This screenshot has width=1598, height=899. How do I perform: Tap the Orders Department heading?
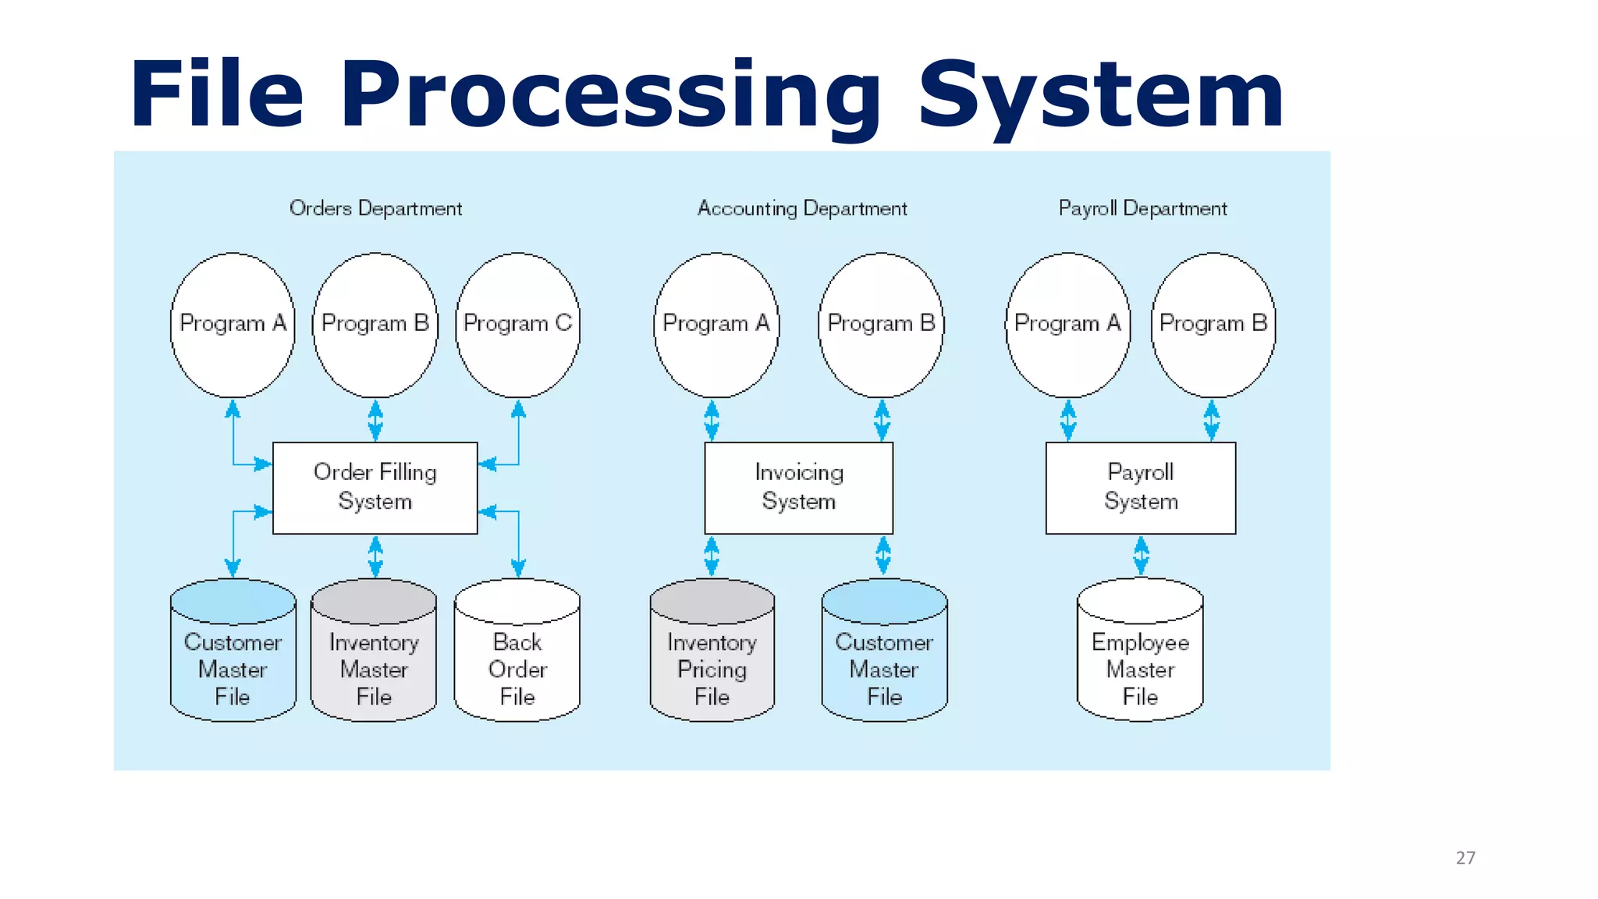[375, 208]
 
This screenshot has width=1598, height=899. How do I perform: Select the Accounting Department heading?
[802, 208]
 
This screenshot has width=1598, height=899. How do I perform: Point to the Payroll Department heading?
[1142, 208]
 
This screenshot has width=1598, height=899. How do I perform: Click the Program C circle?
[518, 324]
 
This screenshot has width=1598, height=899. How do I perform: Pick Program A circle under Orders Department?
[233, 324]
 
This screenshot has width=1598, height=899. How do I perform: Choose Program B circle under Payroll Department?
[1213, 324]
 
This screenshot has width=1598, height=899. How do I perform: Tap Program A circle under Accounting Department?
[716, 324]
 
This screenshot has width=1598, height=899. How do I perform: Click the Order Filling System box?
[375, 488]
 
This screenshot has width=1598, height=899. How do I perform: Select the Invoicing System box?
[798, 488]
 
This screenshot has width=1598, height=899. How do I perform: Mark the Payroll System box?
[1140, 488]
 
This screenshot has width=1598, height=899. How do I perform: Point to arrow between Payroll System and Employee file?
[1141, 556]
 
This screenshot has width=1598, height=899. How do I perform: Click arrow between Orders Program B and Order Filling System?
[375, 420]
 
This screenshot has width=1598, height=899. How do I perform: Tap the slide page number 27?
[1465, 858]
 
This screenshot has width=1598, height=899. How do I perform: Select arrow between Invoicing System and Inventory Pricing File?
[712, 556]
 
